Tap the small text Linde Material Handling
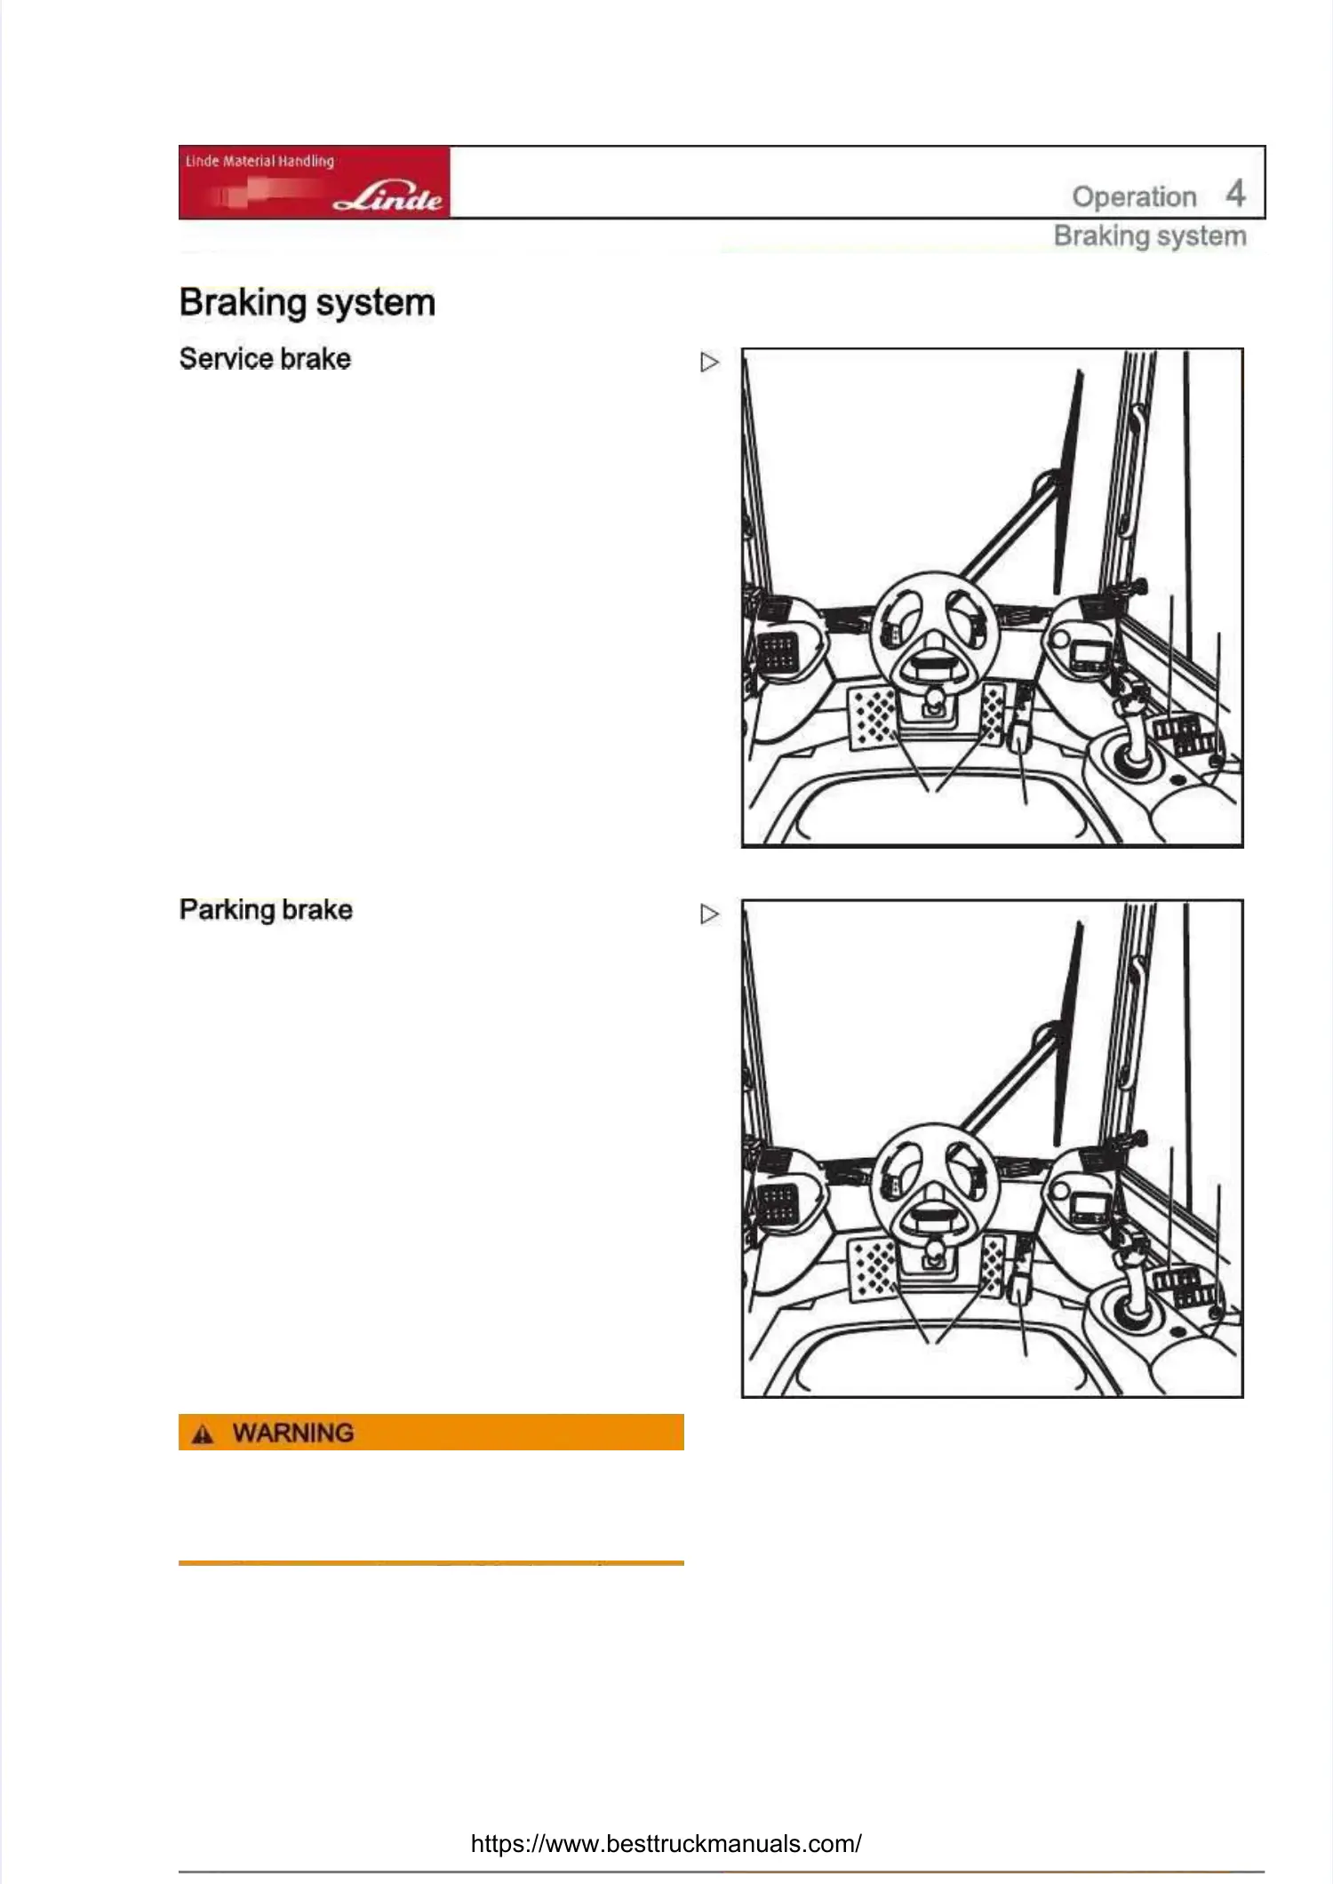pyautogui.click(x=259, y=161)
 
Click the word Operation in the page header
pyautogui.click(x=1134, y=196)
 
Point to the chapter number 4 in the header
pyautogui.click(x=1235, y=193)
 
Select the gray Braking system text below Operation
pyautogui.click(x=1150, y=236)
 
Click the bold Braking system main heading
pyautogui.click(x=307, y=302)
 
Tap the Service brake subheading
pyautogui.click(x=265, y=359)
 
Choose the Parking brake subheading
pyautogui.click(x=266, y=910)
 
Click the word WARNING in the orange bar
pyautogui.click(x=293, y=1433)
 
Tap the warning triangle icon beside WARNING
pyautogui.click(x=204, y=1433)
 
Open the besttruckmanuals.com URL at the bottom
pyautogui.click(x=666, y=1843)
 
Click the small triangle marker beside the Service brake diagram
pyautogui.click(x=709, y=363)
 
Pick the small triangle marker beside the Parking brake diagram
pyautogui.click(x=709, y=914)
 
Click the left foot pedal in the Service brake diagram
pyautogui.click(x=873, y=716)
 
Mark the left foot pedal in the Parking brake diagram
pyautogui.click(x=873, y=1268)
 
